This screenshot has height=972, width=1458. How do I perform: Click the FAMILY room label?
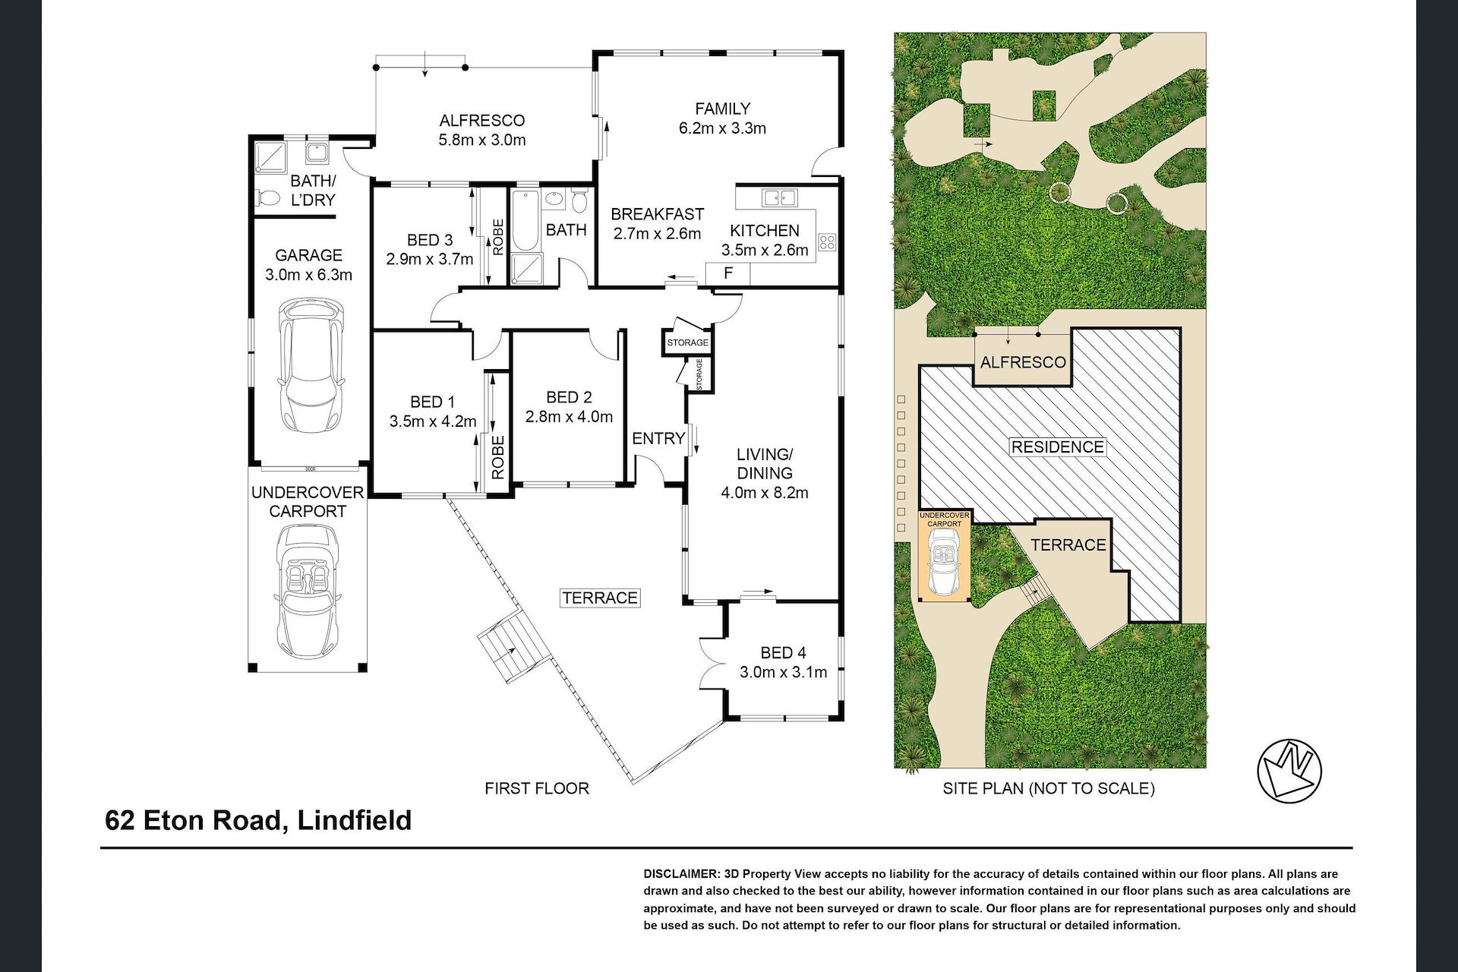[x=723, y=109]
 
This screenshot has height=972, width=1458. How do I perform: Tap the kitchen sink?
[x=780, y=198]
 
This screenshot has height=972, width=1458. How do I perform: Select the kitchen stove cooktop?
[x=826, y=244]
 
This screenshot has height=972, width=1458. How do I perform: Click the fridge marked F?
[x=728, y=273]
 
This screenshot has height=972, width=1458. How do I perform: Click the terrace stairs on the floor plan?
[x=513, y=645]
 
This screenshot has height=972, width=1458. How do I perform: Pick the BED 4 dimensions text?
[x=783, y=672]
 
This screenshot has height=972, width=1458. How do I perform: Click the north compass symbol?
[x=1289, y=768]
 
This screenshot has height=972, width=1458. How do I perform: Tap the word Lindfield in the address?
[x=355, y=820]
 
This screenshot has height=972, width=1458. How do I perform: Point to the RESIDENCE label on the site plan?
[x=1057, y=447]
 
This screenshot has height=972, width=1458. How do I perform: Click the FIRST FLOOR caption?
[x=537, y=788]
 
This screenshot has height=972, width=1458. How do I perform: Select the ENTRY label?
[x=658, y=438]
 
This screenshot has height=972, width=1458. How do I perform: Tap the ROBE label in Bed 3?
[x=498, y=236]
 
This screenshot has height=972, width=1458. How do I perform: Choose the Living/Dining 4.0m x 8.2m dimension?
[x=765, y=492]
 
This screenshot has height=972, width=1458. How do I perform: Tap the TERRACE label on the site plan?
[x=1068, y=544]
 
